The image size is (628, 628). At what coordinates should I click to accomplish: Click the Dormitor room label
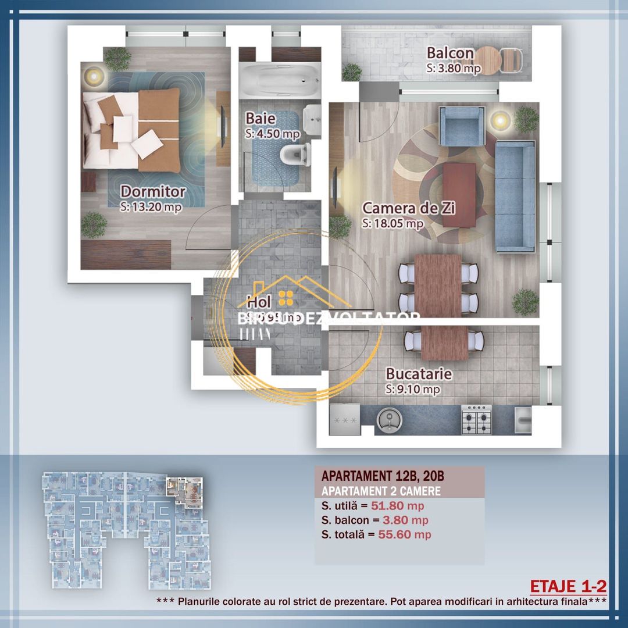tap(153, 191)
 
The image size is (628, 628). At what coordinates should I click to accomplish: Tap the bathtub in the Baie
tap(280, 82)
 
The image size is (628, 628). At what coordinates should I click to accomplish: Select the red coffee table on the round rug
tap(459, 194)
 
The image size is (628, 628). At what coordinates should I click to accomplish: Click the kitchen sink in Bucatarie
tap(387, 419)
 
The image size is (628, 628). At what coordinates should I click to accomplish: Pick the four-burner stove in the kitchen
tap(477, 420)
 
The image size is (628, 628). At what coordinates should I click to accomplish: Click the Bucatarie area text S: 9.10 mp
tap(413, 389)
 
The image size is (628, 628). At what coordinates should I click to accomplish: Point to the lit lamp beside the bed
tap(93, 75)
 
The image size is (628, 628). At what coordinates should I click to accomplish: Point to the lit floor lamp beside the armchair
tap(499, 120)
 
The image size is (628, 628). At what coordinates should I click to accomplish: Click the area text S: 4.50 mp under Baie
tap(272, 133)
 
